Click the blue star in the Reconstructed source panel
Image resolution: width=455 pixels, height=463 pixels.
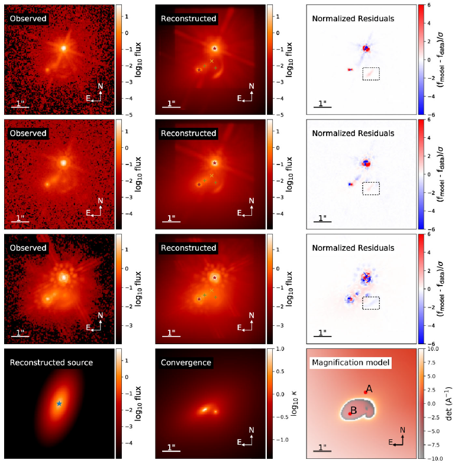[59, 403]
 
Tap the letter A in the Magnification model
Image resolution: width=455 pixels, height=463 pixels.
[369, 388]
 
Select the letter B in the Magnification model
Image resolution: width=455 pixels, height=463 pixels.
[353, 410]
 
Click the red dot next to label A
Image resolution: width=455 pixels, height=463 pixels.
[366, 393]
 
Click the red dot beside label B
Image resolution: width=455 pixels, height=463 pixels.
[350, 414]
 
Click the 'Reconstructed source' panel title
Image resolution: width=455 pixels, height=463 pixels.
[51, 362]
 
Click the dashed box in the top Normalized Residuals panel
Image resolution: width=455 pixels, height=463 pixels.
[371, 74]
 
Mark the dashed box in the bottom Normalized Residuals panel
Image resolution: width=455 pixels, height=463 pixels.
[371, 303]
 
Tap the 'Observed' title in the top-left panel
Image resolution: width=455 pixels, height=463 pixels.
[27, 19]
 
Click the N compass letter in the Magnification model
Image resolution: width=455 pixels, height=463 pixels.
[402, 429]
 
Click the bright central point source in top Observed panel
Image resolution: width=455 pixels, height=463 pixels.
[64, 48]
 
